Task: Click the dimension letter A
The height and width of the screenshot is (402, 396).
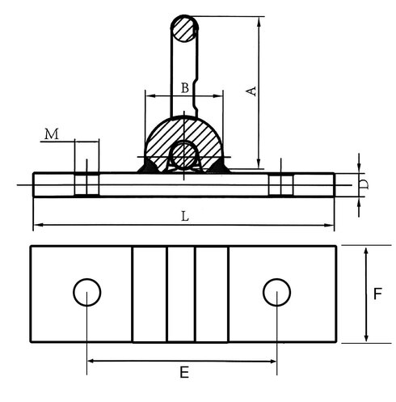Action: [251, 91]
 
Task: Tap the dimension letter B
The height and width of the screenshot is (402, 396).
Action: [185, 88]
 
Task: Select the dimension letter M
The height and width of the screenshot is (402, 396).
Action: [52, 134]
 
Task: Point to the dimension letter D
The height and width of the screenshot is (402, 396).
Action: [364, 184]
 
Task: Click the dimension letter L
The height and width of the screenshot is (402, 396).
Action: [185, 217]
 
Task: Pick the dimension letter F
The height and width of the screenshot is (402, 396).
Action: [377, 294]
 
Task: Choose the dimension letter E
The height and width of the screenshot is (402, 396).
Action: [184, 373]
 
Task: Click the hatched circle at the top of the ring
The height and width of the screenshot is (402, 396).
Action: [184, 28]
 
